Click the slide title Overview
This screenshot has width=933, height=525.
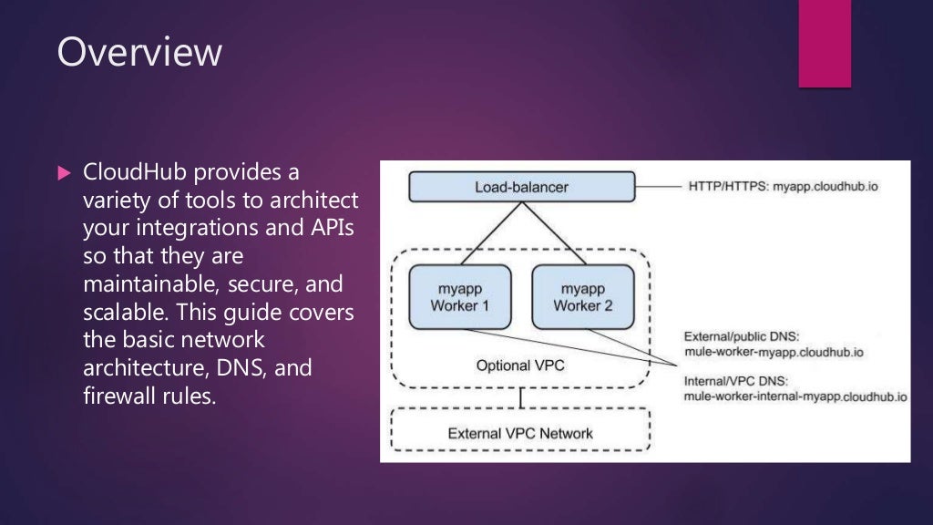139,52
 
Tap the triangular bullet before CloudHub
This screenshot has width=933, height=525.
63,172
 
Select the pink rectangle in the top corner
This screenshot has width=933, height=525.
824,44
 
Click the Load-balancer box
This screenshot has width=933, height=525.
521,188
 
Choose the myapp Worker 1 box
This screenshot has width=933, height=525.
459,296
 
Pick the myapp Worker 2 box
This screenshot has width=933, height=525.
582,296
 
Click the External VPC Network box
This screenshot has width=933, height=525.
520,433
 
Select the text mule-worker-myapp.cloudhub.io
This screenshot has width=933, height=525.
774,351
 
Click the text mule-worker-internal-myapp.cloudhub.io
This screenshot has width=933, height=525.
795,397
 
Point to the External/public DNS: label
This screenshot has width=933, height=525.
742,335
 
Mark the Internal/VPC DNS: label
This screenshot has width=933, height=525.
736,382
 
